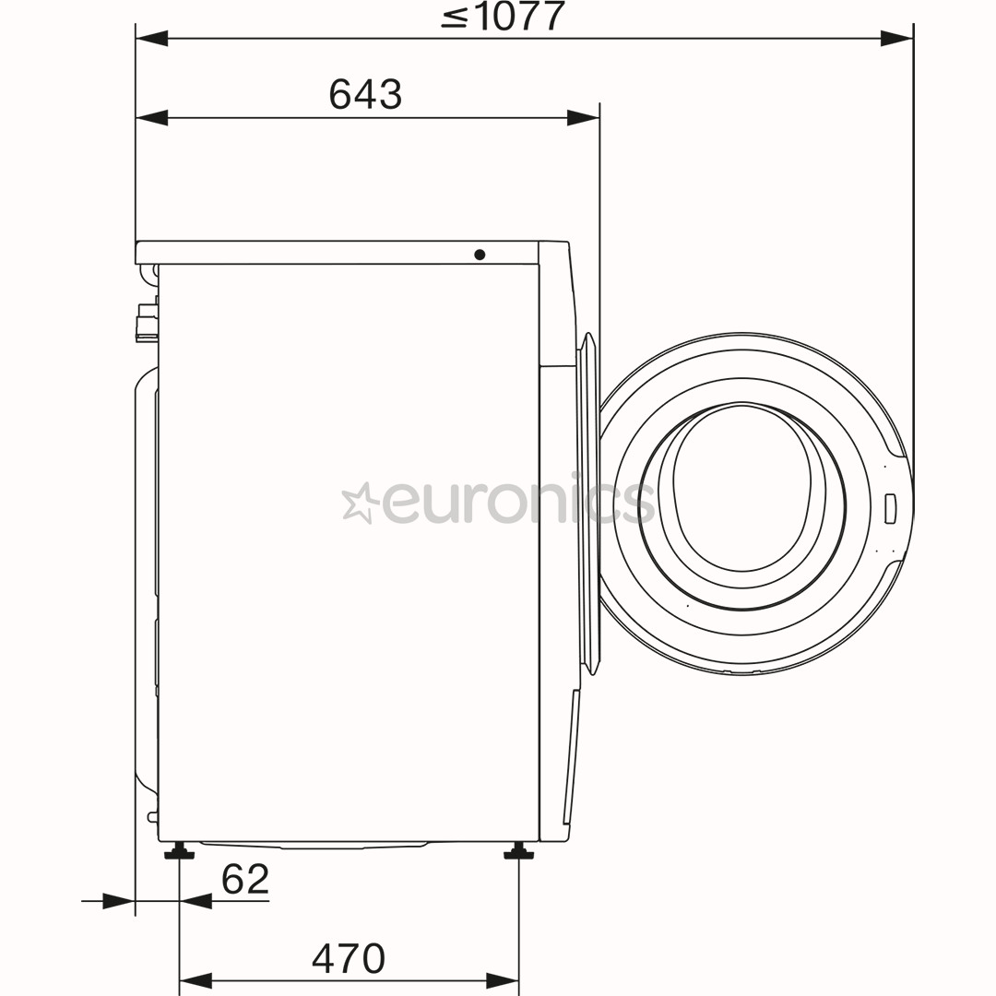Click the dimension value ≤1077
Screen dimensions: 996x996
(x=503, y=16)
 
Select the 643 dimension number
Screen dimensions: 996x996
(x=365, y=94)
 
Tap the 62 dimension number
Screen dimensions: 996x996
(x=245, y=879)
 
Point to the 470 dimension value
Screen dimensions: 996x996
(x=348, y=958)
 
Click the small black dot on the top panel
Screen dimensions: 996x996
(x=480, y=254)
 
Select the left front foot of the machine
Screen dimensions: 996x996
(x=179, y=851)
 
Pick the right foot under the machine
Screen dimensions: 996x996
(x=518, y=851)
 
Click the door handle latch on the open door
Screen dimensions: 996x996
(x=890, y=508)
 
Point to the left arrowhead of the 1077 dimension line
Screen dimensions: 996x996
(x=152, y=39)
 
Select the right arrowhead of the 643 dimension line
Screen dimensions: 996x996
(x=583, y=118)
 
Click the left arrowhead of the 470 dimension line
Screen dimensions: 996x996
(x=196, y=981)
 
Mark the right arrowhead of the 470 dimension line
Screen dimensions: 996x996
(x=503, y=981)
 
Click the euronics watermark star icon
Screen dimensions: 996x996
(x=360, y=503)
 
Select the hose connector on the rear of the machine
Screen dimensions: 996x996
(x=146, y=323)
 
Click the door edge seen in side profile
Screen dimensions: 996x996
(x=588, y=498)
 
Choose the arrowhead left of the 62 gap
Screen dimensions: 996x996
(x=118, y=901)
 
